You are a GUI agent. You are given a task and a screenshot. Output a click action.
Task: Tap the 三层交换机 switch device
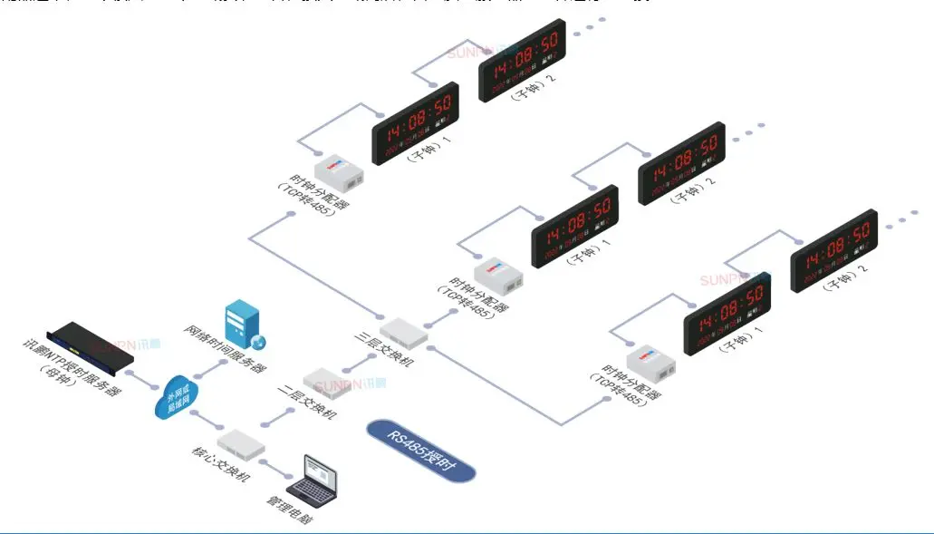[x=404, y=332]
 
